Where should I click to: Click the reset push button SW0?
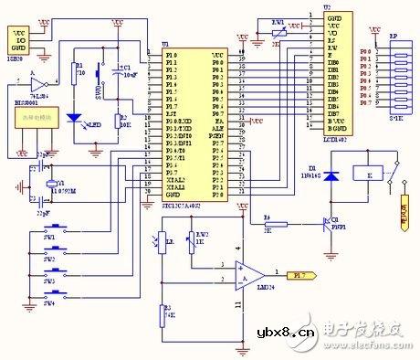tap(100, 91)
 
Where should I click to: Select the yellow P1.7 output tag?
tap(299, 272)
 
